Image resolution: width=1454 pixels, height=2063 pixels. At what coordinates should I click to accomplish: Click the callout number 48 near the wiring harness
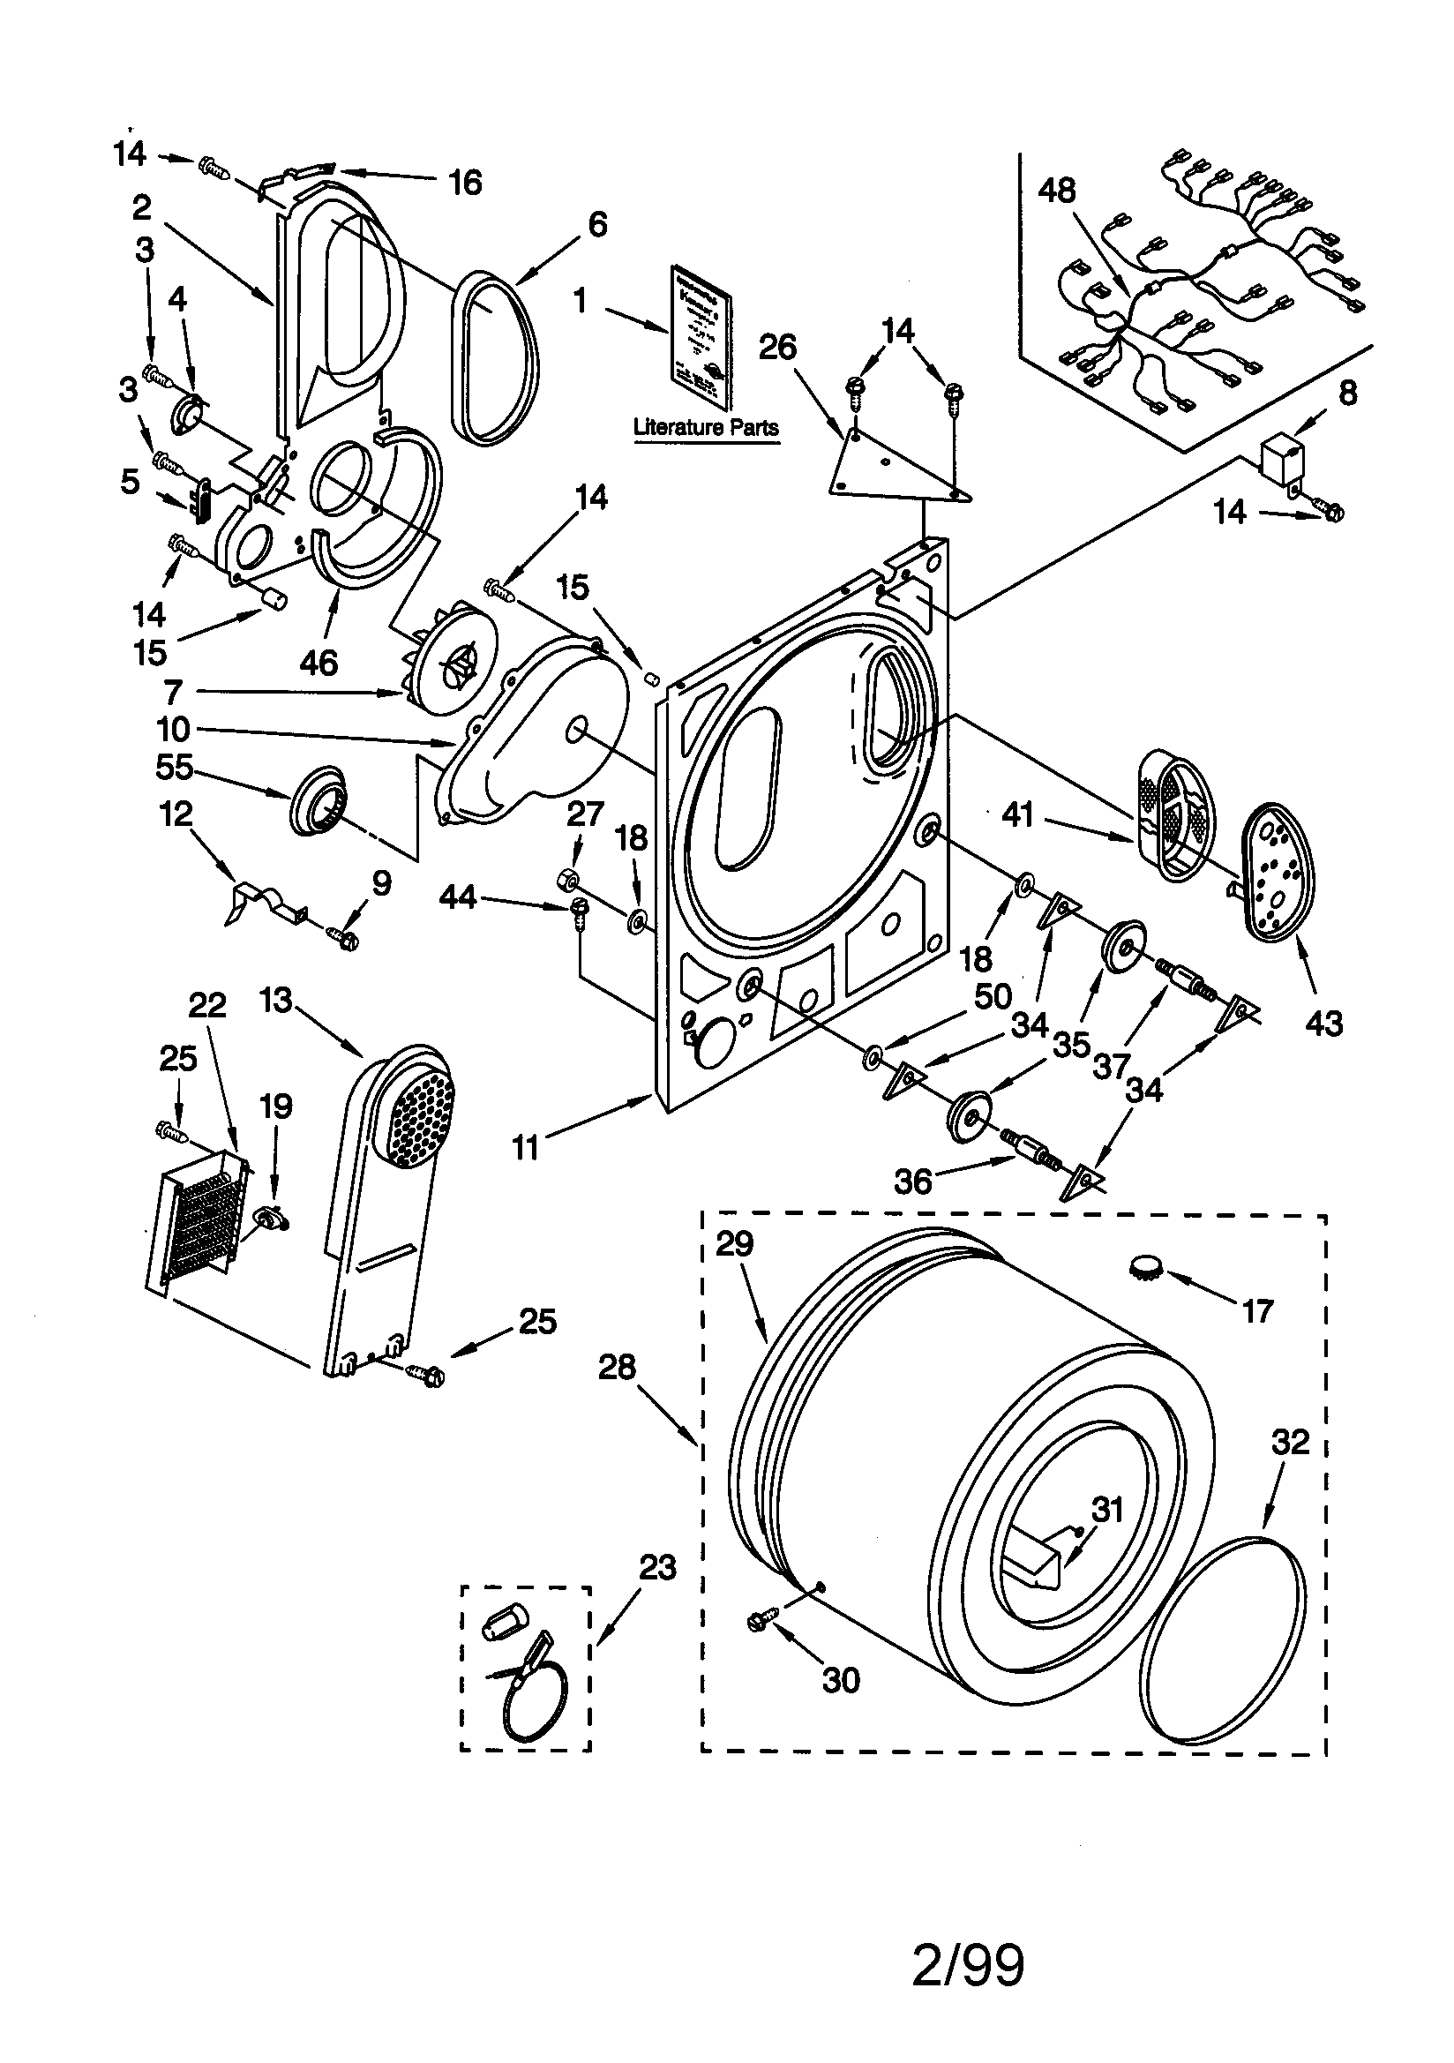point(1057,191)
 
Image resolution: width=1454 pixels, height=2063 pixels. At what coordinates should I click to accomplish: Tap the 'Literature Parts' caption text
point(706,428)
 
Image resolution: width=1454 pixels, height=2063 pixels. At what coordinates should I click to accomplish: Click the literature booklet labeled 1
point(701,337)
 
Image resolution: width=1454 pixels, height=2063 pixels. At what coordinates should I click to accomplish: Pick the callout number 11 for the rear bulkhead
point(526,1147)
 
